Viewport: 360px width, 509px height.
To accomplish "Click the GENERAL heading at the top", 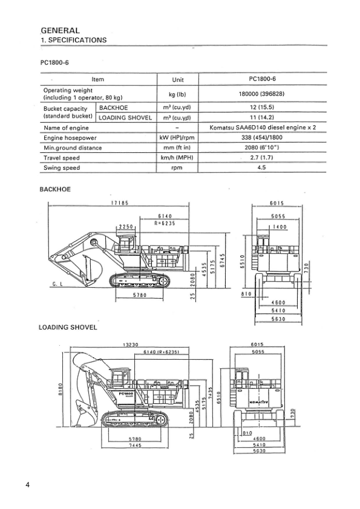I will coord(60,30).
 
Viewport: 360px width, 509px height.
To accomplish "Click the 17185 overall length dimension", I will coord(119,203).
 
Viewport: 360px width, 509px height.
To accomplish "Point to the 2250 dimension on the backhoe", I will coord(126,226).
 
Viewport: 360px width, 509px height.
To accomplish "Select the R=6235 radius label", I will coord(165,222).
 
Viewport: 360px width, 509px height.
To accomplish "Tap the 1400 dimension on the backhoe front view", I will coord(279,227).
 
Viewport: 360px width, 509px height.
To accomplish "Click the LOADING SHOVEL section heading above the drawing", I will coord(68,328).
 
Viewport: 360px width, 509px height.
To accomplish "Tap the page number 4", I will coord(28,484).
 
